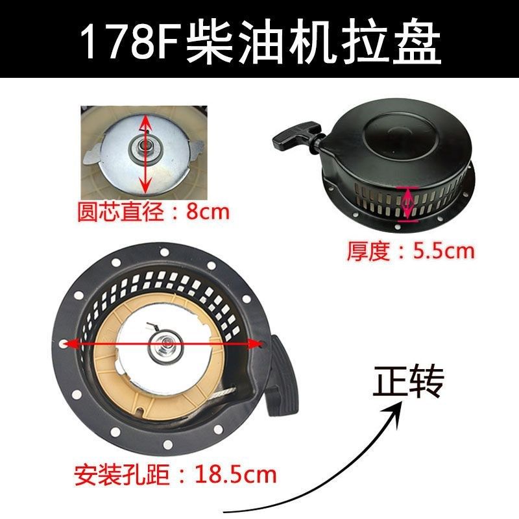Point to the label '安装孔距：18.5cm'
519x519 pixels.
click(x=175, y=475)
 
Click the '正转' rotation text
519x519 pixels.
click(x=407, y=381)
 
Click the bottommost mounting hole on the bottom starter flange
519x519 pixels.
click(x=168, y=444)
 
